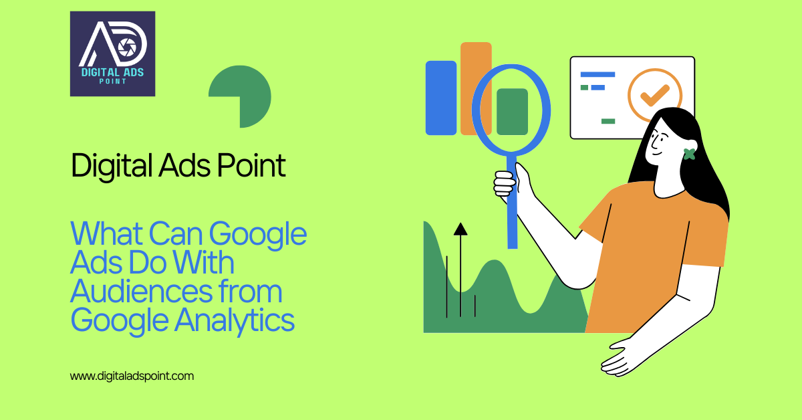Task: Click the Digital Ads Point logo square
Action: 112,54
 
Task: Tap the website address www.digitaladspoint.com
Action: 132,376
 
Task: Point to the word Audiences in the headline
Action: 130,292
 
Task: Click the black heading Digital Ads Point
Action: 178,166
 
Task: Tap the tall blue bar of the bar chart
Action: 440,98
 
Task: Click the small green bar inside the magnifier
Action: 512,111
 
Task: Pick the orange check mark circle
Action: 654,95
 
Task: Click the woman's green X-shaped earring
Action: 689,154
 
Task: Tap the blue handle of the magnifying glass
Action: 513,201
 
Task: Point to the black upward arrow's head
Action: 460,229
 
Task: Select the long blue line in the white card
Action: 597,74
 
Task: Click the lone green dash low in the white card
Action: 608,121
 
